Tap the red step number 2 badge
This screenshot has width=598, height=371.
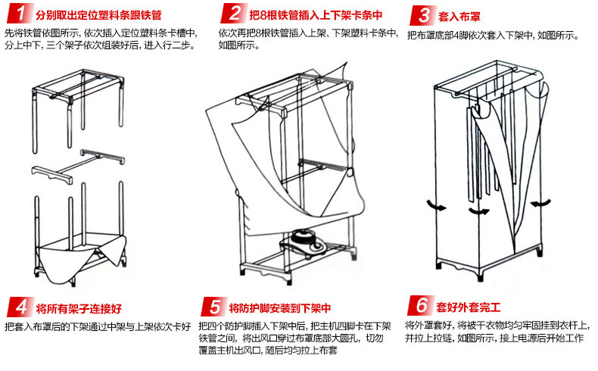tap(235, 14)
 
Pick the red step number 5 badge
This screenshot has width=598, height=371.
tap(214, 307)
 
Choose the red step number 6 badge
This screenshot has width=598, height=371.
tap(419, 307)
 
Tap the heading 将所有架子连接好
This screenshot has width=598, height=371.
tap(79, 309)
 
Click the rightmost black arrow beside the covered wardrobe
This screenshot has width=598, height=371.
tap(538, 203)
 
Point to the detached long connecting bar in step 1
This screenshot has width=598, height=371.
tap(102, 157)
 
